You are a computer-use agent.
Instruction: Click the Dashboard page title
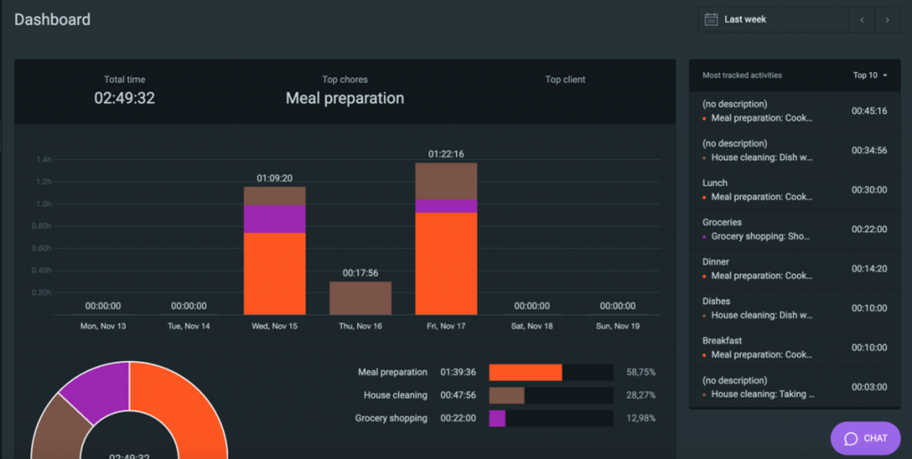point(53,20)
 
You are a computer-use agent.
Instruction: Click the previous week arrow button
point(861,20)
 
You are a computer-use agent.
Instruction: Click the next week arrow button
point(887,20)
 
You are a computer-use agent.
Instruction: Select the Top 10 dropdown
point(870,76)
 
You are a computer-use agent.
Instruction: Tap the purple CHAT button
point(865,438)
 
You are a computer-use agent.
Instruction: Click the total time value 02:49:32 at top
point(125,99)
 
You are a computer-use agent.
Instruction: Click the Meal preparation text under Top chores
point(345,99)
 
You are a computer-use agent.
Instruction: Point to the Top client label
point(565,80)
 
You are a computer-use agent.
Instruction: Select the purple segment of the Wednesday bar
point(274,219)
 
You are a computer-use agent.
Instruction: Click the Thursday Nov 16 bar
point(360,298)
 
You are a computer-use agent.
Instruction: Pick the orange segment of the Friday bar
point(446,263)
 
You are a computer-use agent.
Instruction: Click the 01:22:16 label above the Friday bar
point(446,154)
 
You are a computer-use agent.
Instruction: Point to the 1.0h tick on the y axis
point(44,204)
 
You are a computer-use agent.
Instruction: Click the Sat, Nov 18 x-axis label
point(532,326)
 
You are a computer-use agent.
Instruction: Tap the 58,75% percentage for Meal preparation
point(640,373)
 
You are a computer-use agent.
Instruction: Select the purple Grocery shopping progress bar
point(497,418)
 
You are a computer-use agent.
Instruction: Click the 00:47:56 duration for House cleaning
point(459,396)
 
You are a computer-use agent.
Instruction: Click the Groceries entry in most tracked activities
point(722,222)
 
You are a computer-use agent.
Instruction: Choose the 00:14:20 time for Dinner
point(868,269)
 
